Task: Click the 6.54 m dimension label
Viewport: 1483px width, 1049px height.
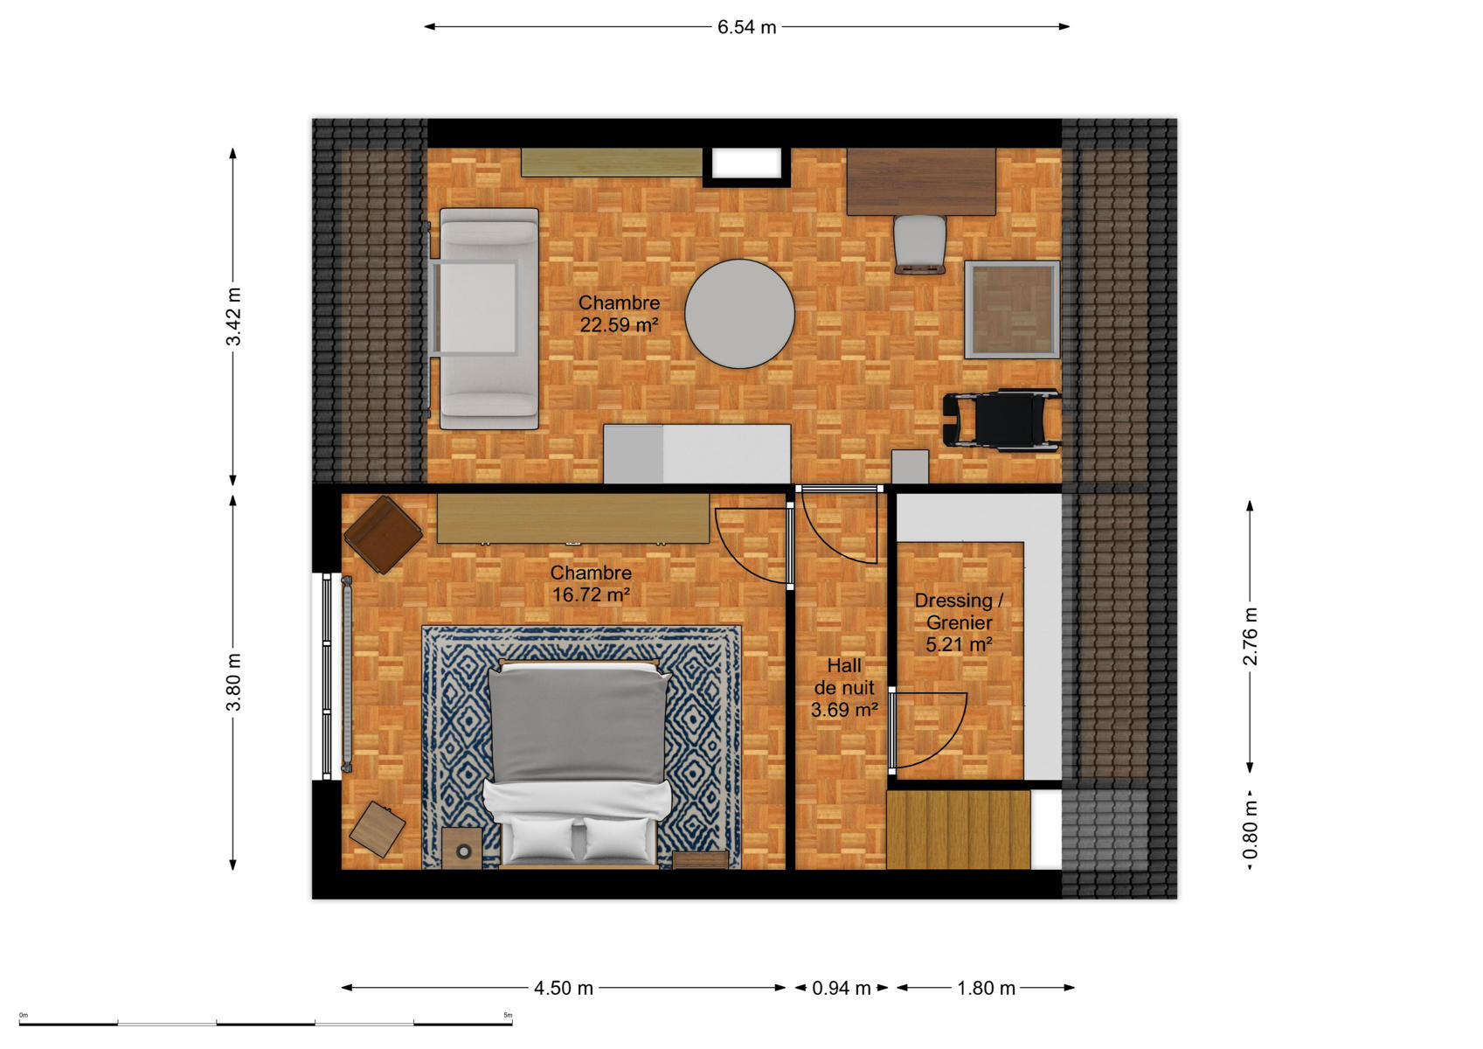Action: [x=746, y=27]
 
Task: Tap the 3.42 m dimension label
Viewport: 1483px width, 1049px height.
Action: [x=233, y=316]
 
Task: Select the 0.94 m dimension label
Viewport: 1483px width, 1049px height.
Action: [x=841, y=988]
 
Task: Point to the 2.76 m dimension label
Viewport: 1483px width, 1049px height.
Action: [x=1250, y=636]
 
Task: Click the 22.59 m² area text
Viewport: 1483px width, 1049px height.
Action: [x=619, y=325]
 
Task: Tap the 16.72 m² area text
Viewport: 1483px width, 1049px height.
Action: [x=591, y=594]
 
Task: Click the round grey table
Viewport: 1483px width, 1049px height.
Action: [x=739, y=314]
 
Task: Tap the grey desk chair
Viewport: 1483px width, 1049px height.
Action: [x=919, y=244]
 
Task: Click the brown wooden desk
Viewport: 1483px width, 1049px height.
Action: [x=921, y=182]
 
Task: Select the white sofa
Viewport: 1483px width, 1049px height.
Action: [x=489, y=318]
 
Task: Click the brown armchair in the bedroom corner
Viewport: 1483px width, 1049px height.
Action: [x=384, y=534]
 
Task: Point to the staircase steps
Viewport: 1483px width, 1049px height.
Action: [x=959, y=830]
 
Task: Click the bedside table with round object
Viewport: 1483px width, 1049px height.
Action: [x=461, y=848]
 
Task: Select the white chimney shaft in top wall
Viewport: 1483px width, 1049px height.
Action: [x=746, y=163]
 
